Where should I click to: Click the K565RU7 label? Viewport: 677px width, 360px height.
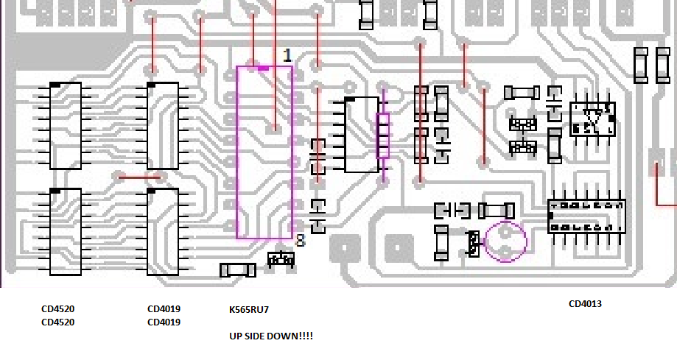(x=249, y=310)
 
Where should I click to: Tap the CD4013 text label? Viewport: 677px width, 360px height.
(x=585, y=303)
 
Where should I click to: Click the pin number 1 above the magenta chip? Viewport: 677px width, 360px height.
(x=287, y=56)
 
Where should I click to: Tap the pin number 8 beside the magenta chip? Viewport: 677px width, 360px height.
(x=300, y=240)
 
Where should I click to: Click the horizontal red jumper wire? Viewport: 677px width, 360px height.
(x=140, y=176)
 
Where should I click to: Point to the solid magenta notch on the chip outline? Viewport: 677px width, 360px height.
(x=262, y=68)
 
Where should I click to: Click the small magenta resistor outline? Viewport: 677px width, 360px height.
(x=382, y=136)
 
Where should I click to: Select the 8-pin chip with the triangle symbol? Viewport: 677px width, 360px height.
(x=592, y=119)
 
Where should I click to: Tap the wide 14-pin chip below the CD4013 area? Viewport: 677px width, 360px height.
(x=586, y=217)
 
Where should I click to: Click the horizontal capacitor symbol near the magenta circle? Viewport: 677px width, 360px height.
(x=452, y=211)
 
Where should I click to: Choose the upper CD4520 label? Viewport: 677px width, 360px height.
(x=57, y=309)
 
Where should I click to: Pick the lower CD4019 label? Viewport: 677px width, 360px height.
(x=164, y=322)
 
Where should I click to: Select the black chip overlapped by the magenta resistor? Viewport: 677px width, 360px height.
(x=362, y=135)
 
